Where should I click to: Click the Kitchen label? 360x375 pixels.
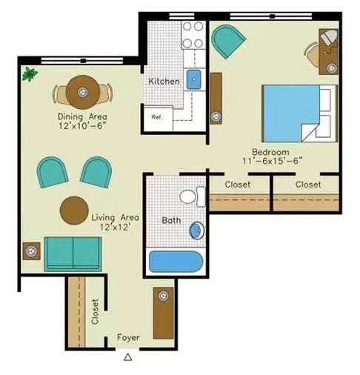[164, 81]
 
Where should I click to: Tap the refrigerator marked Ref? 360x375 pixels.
[159, 119]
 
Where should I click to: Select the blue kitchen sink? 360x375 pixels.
[194, 79]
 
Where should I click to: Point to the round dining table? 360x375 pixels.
[83, 92]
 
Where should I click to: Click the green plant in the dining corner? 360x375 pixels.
[30, 73]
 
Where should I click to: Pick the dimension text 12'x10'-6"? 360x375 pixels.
[82, 126]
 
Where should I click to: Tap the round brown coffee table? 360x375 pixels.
[74, 210]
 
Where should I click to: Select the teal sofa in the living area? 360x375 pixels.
[73, 254]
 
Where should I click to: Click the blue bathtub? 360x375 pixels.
[176, 262]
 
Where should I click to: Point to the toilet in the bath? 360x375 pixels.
[192, 196]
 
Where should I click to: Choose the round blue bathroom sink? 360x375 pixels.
[197, 230]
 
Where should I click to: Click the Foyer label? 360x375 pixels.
[128, 337]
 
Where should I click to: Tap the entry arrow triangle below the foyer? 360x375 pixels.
[127, 357]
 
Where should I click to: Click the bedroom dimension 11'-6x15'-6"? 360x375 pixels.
[273, 161]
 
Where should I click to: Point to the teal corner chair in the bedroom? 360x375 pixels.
[227, 41]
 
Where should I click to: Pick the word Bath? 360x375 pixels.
[171, 220]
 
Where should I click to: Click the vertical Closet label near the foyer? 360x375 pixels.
[95, 311]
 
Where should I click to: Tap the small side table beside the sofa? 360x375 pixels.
[31, 251]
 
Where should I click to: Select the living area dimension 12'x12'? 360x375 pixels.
[115, 227]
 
